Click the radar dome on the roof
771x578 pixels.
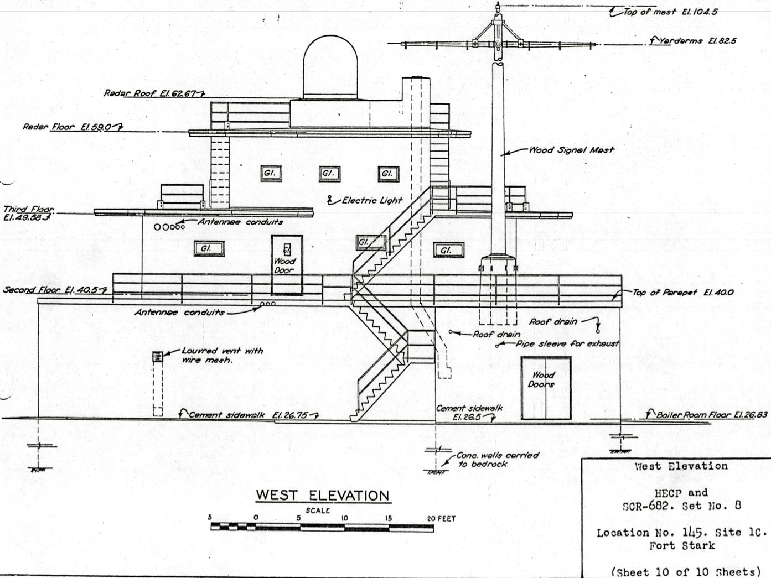(x=330, y=67)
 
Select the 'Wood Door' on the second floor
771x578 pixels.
(x=287, y=265)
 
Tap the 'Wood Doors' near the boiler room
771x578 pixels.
(x=546, y=388)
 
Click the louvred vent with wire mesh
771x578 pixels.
(x=158, y=357)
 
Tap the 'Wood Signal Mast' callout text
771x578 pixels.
(x=572, y=150)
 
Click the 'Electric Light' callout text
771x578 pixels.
(x=372, y=200)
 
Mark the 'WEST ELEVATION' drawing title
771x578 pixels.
(x=323, y=496)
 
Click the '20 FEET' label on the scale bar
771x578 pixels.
(x=441, y=518)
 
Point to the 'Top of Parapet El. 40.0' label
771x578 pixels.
(x=683, y=293)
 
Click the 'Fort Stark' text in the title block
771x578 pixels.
(x=682, y=546)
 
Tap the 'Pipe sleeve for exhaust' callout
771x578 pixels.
(x=567, y=343)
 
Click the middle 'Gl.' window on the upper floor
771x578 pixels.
(x=329, y=174)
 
